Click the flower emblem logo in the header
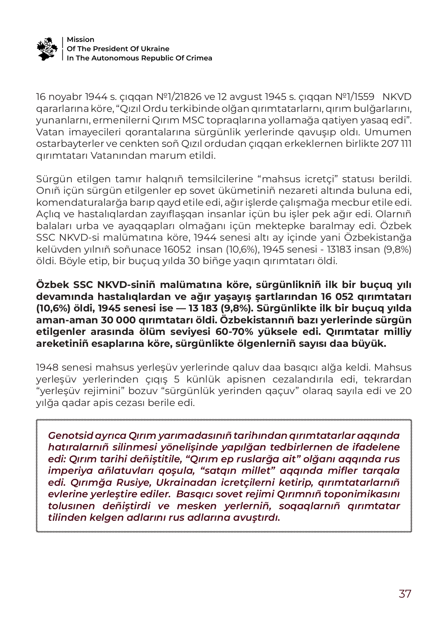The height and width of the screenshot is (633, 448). click(x=47, y=48)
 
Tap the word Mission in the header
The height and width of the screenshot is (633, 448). click(x=81, y=39)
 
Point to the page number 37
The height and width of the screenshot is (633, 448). click(x=405, y=594)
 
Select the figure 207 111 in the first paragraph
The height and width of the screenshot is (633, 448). click(x=396, y=144)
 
